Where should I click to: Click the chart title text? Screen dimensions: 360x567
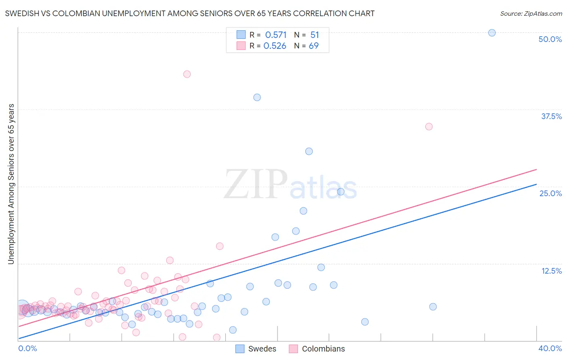[x=190, y=13]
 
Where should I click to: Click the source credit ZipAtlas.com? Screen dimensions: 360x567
[x=531, y=13]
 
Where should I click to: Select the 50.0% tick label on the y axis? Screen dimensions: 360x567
[x=550, y=39]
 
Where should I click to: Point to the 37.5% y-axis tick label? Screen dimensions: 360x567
[x=551, y=116]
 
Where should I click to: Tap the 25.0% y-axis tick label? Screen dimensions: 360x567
[x=550, y=193]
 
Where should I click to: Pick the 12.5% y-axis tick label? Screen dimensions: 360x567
[x=551, y=271]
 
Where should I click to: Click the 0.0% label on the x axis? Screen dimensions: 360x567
[x=27, y=348]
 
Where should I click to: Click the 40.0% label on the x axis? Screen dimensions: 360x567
[x=550, y=348]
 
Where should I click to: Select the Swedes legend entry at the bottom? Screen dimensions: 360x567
[x=256, y=349]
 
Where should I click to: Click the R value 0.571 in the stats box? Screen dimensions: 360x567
[x=276, y=35]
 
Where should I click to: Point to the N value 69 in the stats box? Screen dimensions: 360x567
[x=314, y=46]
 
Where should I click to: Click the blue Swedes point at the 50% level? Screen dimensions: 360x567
[x=492, y=33]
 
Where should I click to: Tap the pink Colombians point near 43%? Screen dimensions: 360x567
[x=187, y=74]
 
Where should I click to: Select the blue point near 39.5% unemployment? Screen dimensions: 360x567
[x=257, y=97]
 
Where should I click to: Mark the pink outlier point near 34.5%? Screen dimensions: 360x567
[x=429, y=126]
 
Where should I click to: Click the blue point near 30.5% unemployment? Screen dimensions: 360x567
[x=309, y=151]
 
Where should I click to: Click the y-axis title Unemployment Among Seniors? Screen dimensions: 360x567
[x=11, y=184]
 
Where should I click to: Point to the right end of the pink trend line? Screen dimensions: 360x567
[x=536, y=169]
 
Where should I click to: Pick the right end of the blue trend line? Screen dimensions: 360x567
[x=536, y=184]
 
